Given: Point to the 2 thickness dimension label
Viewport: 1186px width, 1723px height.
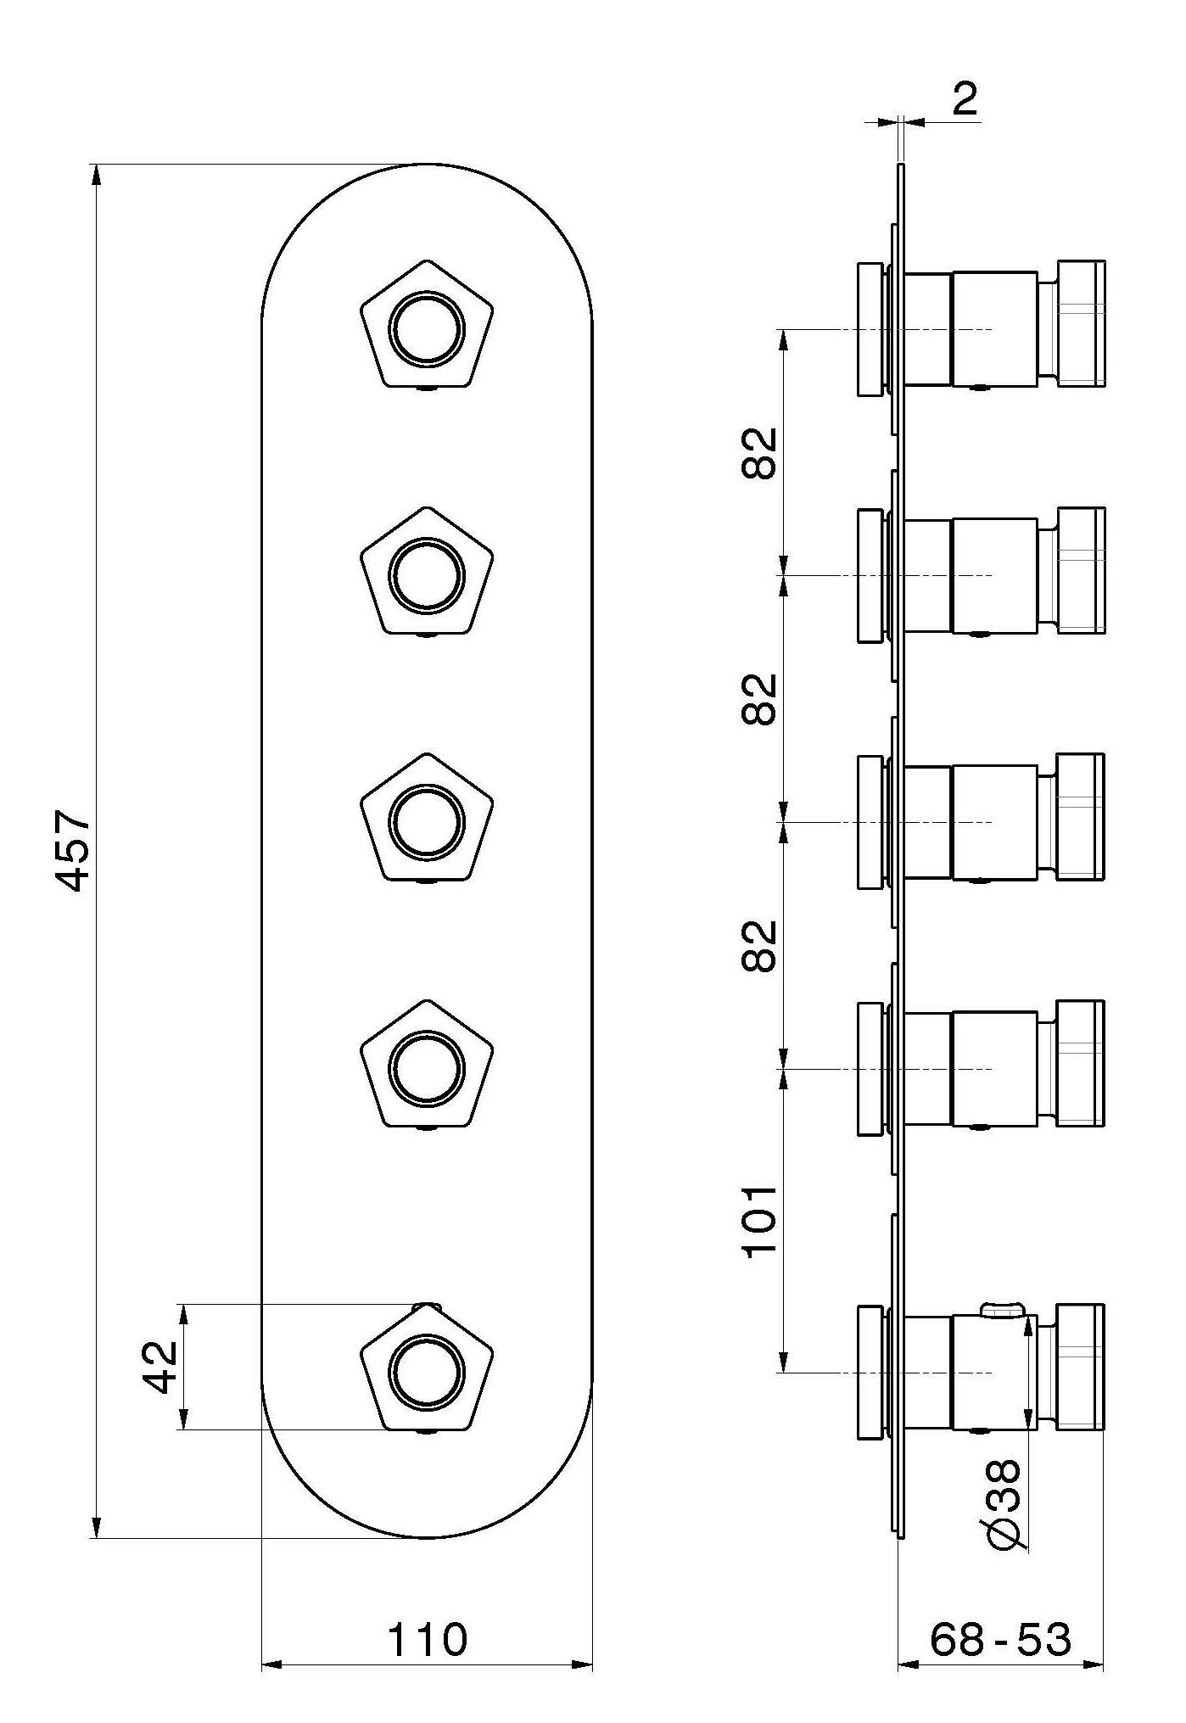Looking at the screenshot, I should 965,99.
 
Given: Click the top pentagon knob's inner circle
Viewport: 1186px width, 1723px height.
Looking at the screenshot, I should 427,329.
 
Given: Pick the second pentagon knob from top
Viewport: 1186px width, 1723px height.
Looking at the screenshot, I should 427,574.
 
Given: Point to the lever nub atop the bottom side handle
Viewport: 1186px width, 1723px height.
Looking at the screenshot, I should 1002,1311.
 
